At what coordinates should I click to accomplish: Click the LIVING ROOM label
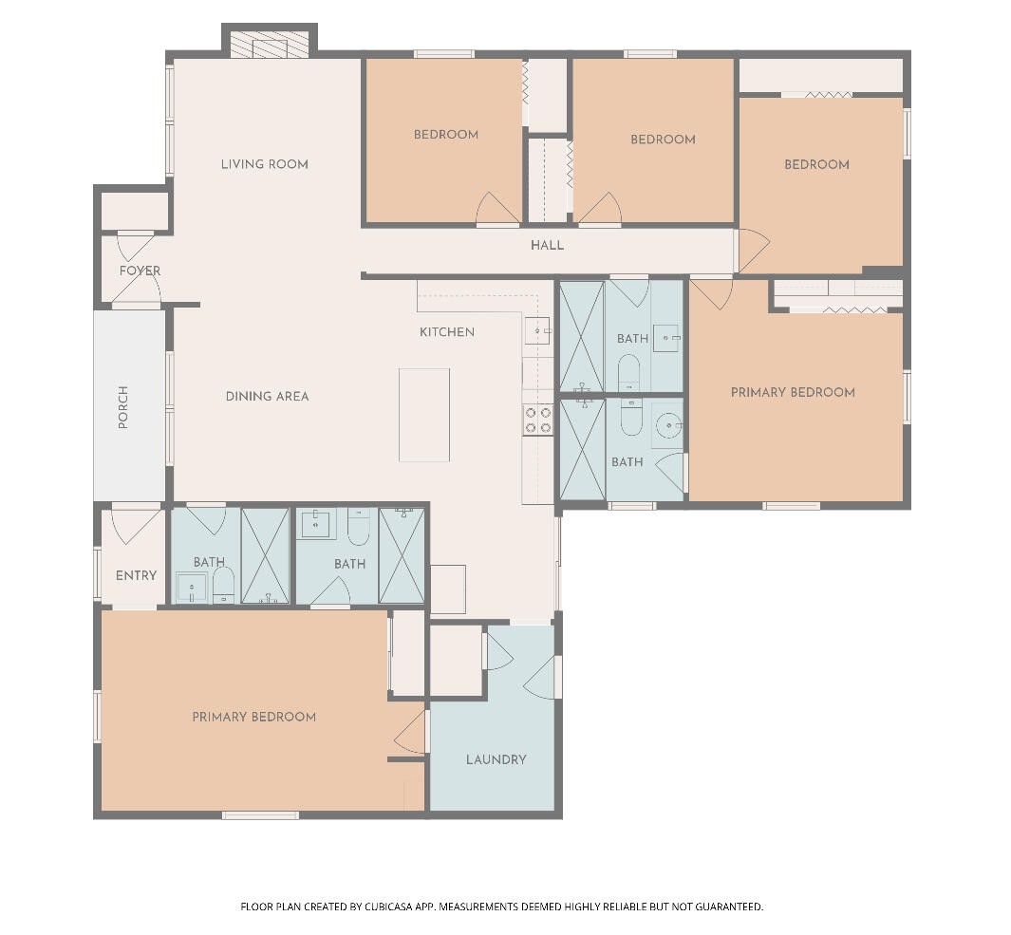point(264,164)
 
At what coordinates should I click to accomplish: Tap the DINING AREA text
point(267,397)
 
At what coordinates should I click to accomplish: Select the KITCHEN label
point(447,332)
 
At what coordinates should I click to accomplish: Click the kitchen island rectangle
point(423,415)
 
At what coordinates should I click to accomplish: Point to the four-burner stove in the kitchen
point(537,420)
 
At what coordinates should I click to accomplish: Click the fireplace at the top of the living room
point(270,45)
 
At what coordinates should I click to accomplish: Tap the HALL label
point(547,245)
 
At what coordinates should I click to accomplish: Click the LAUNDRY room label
point(496,759)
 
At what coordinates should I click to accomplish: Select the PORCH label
point(123,407)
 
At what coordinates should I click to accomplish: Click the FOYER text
point(140,271)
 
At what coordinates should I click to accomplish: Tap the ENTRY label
point(136,576)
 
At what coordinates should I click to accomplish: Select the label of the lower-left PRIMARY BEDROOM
point(254,717)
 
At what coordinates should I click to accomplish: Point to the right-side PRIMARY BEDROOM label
point(793,393)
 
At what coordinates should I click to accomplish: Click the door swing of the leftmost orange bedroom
point(497,208)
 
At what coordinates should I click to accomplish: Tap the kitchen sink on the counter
point(537,331)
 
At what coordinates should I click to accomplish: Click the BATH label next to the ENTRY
point(209,562)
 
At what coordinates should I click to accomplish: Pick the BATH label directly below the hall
point(632,339)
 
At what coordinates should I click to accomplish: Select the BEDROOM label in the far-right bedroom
point(817,164)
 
